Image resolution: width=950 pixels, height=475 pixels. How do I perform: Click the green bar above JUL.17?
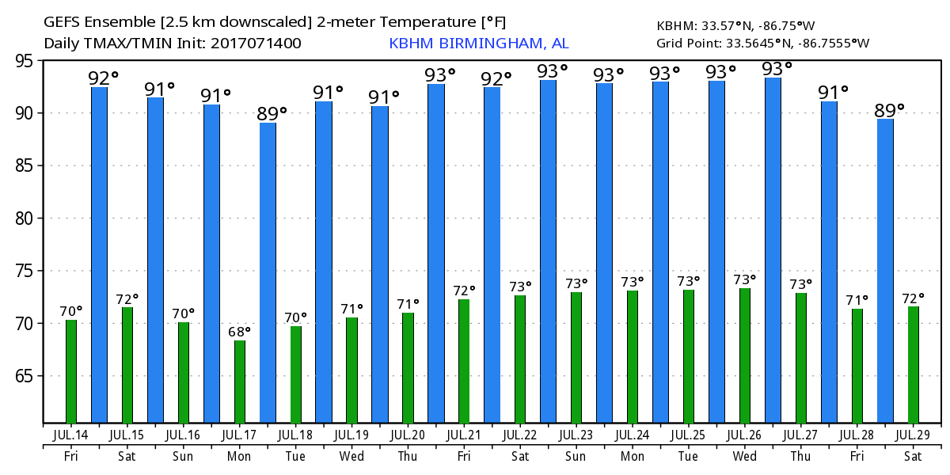(x=240, y=382)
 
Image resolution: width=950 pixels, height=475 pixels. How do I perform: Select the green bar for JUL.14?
(x=71, y=371)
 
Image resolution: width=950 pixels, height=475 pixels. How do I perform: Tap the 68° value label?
(x=240, y=331)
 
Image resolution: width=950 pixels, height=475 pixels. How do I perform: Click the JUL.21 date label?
(x=464, y=435)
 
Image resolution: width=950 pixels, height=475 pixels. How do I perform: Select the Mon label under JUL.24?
(x=633, y=456)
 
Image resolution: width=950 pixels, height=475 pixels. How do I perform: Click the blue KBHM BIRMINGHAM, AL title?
(x=478, y=44)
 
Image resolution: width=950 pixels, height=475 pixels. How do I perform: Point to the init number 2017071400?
(x=256, y=44)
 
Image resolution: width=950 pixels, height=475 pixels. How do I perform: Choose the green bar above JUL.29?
(x=914, y=365)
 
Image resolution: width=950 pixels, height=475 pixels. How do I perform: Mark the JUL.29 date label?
(x=914, y=435)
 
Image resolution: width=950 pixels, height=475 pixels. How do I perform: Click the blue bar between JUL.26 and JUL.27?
(x=773, y=250)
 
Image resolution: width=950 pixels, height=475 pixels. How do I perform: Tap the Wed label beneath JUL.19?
(x=351, y=456)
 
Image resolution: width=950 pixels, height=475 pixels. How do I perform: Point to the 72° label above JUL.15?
(x=127, y=298)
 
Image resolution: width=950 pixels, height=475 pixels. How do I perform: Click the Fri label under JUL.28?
(x=857, y=456)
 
